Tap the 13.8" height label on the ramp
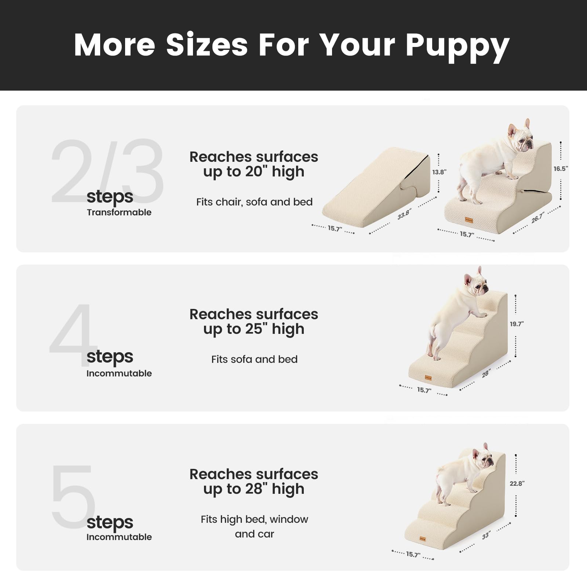click(439, 172)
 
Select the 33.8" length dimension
click(404, 214)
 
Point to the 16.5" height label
click(561, 169)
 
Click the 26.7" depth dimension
click(538, 218)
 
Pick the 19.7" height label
click(517, 324)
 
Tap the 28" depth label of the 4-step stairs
click(486, 374)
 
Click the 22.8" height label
click(517, 484)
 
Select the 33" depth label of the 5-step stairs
click(486, 536)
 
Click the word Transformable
click(119, 212)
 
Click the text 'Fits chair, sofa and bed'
click(254, 202)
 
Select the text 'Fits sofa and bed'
click(254, 359)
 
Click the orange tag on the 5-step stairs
click(423, 539)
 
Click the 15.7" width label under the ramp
click(335, 229)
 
